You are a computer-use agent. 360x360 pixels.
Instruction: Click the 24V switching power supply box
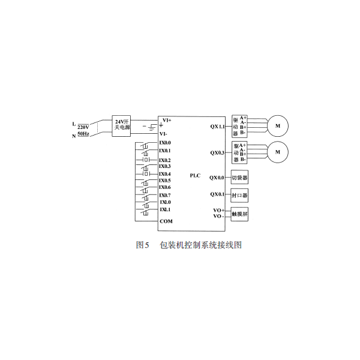pos(121,126)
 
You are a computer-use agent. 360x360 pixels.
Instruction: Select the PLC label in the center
pos(195,176)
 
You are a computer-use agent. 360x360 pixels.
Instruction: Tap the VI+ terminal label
pos(167,120)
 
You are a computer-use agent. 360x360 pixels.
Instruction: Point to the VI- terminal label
pos(163,134)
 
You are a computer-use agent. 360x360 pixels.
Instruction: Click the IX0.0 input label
pos(165,143)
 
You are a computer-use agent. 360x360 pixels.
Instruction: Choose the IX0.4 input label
pos(165,174)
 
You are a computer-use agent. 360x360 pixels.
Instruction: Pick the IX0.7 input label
pos(165,196)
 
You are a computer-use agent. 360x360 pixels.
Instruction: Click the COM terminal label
pos(166,221)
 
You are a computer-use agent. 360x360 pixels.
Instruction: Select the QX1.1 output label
pos(217,127)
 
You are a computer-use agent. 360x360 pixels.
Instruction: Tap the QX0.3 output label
pos(217,152)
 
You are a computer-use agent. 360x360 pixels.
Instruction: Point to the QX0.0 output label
pos(217,178)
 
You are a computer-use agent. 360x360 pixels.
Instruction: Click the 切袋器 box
pos(239,177)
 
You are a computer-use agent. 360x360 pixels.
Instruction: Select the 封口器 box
pos(239,196)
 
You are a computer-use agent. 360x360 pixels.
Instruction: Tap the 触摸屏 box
pos(239,214)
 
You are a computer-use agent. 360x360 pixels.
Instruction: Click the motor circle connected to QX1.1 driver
pos(278,126)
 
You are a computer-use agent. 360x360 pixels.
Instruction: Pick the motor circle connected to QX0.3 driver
pos(278,152)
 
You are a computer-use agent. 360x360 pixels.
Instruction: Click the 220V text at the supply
pos(83,127)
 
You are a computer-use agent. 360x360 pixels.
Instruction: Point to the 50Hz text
pos(83,134)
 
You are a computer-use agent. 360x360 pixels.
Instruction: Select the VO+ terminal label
pos(219,211)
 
